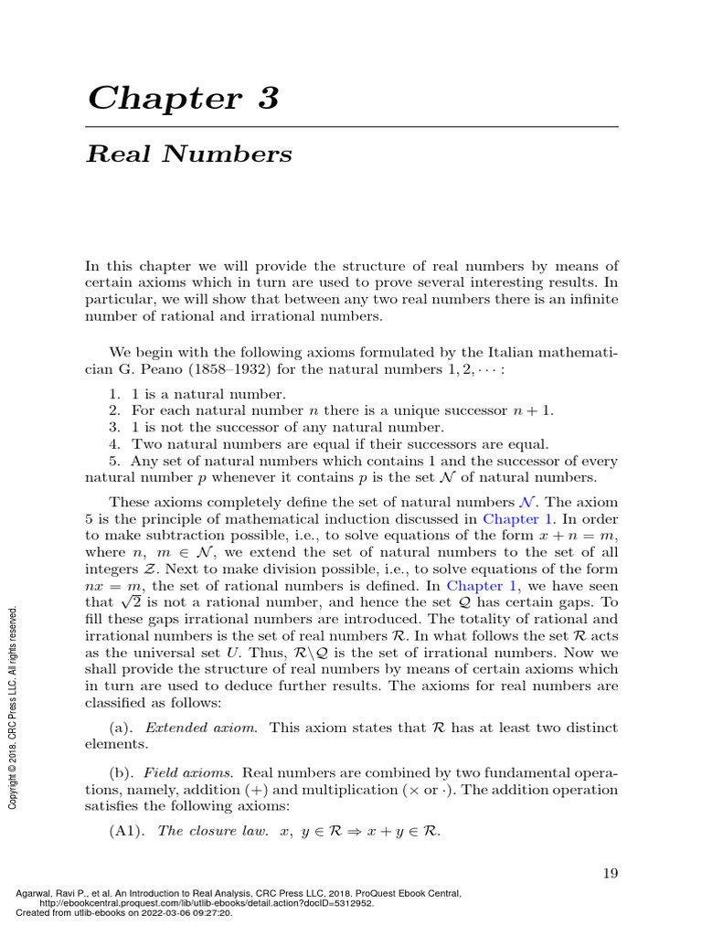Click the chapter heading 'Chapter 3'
pyautogui.click(x=182, y=98)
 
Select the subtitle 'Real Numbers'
pyautogui.click(x=188, y=154)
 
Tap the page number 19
pyautogui.click(x=610, y=873)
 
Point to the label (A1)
pyautogui.click(x=127, y=832)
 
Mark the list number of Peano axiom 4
pyautogui.click(x=114, y=444)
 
